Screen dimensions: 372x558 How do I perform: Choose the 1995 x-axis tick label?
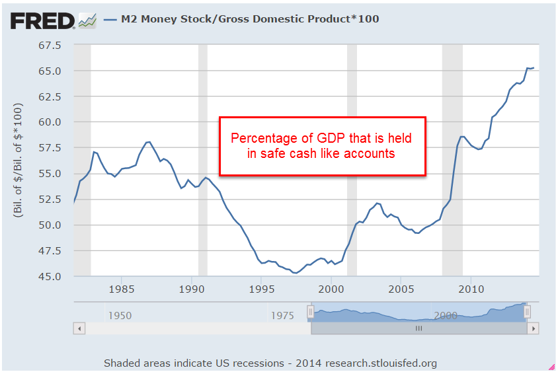pos(262,289)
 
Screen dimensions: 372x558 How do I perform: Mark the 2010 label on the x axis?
pos(471,289)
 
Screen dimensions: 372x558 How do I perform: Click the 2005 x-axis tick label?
pos(401,289)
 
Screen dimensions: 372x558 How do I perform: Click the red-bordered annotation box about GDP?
pos(322,146)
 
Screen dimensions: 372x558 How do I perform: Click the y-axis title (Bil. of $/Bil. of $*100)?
pos(18,161)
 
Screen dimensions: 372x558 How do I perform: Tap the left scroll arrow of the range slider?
pos(79,328)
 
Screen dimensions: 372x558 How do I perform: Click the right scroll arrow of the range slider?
pos(534,328)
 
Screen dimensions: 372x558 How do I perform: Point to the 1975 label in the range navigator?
pos(283,315)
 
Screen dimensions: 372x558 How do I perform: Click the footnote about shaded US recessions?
pos(270,363)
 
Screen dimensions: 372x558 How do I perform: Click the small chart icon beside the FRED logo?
pos(87,20)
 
